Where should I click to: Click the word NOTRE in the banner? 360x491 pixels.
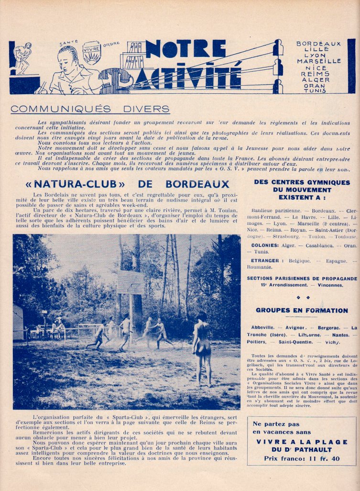tap(186, 49)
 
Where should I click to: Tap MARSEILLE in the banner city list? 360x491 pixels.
tap(319, 61)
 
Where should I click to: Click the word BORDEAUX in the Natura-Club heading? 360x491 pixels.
tap(197, 184)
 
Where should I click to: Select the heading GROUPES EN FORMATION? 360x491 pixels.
tap(302, 310)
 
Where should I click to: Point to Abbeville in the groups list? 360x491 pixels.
tap(262, 327)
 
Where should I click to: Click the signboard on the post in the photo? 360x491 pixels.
tap(130, 282)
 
